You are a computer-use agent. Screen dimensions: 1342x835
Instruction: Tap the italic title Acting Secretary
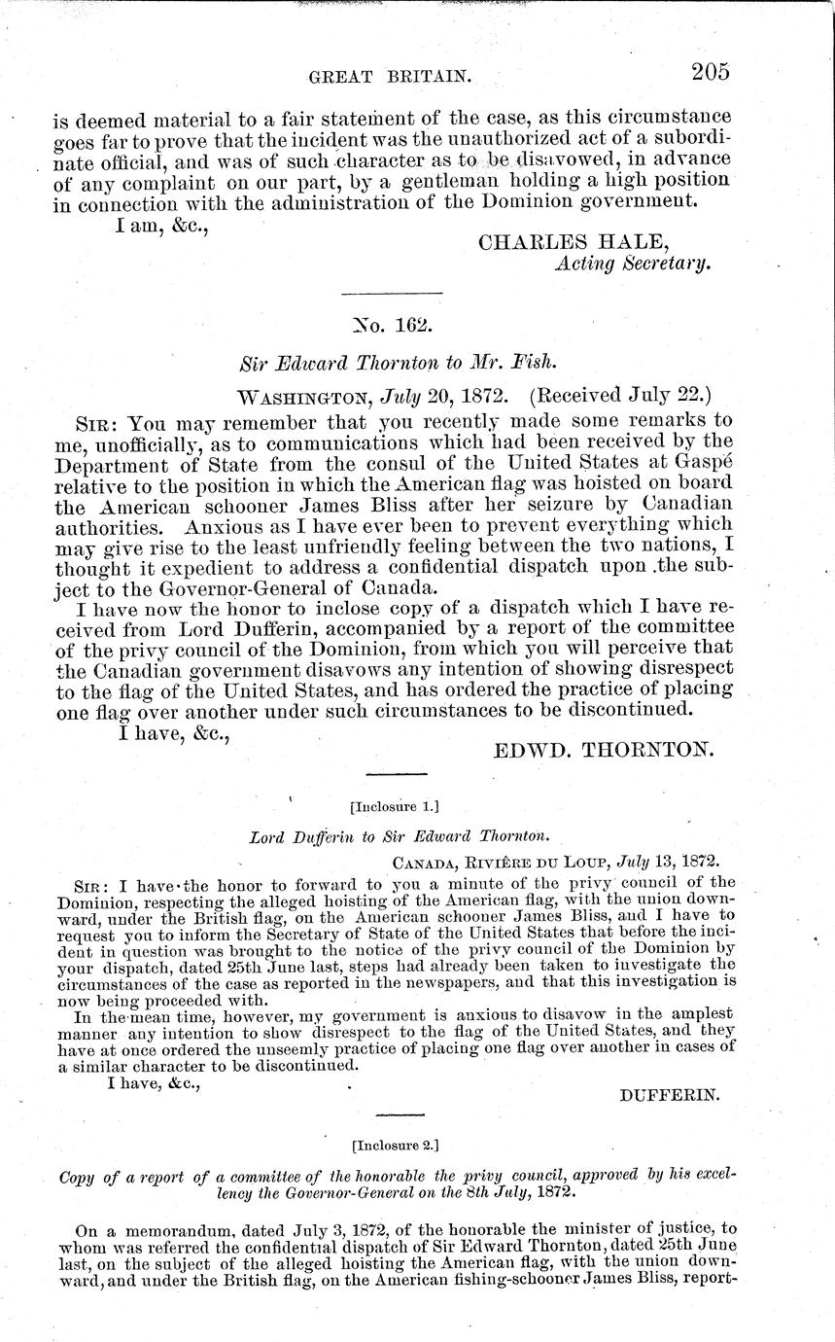(x=633, y=264)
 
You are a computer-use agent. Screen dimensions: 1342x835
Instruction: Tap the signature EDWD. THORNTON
(x=605, y=750)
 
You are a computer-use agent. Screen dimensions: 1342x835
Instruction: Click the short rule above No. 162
(x=393, y=294)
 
